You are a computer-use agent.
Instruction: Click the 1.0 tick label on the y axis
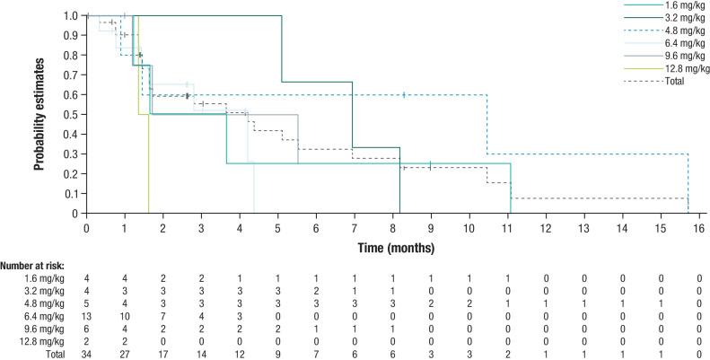pyautogui.click(x=70, y=16)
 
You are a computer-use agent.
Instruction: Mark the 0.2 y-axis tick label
pyautogui.click(x=70, y=174)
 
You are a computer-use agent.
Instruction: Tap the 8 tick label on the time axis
pyautogui.click(x=392, y=227)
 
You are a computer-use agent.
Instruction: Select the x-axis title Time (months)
pyautogui.click(x=392, y=246)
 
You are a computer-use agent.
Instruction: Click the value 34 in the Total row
pyautogui.click(x=86, y=354)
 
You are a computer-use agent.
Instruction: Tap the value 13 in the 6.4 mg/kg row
pyautogui.click(x=86, y=317)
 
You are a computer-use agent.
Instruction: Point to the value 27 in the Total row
pyautogui.click(x=125, y=354)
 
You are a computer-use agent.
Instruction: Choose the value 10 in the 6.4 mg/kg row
pyautogui.click(x=125, y=317)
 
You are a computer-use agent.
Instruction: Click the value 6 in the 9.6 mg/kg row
pyautogui.click(x=86, y=329)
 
